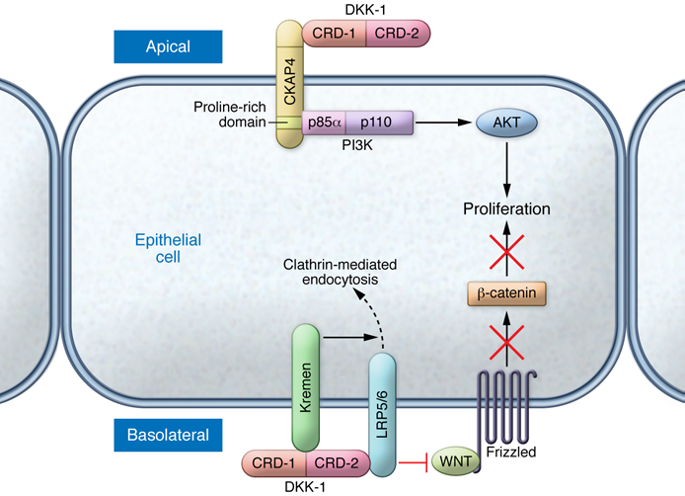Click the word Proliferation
[x=507, y=209]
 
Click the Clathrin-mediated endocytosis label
[x=334, y=273]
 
